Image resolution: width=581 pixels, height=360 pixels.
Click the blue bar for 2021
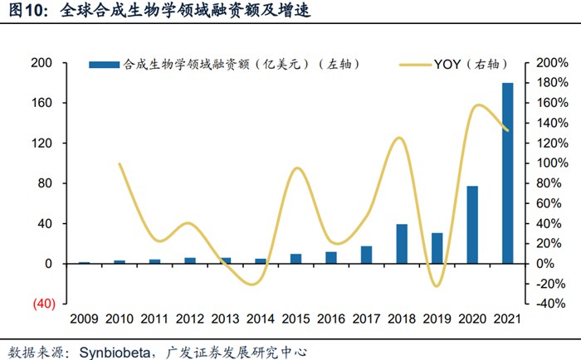pos(507,173)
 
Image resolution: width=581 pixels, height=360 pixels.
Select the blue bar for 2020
pos(471,225)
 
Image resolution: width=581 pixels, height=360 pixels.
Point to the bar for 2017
pos(366,255)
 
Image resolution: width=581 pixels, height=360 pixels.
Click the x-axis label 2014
pos(260,319)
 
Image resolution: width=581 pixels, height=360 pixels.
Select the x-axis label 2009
pos(84,319)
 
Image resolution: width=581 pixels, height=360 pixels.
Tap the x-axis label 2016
pos(330,319)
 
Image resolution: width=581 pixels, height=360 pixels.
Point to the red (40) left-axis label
pos(42,304)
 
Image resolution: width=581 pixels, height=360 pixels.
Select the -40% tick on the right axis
pos(549,304)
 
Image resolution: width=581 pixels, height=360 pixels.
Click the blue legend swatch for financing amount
pos(104,64)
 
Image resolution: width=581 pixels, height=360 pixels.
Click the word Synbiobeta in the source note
pos(115,351)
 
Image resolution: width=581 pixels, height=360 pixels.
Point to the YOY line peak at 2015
pos(296,168)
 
